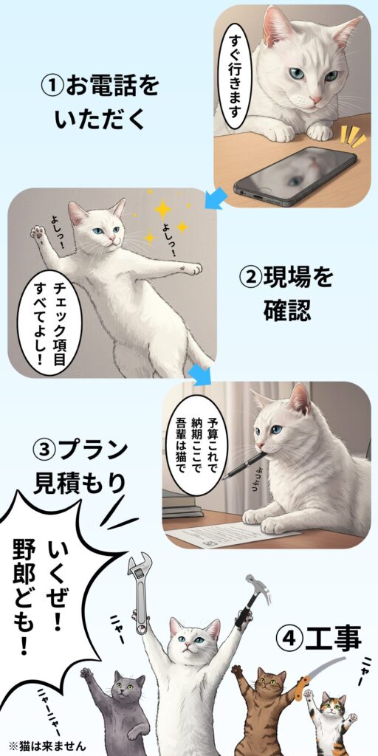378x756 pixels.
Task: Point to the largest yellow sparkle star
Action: [x=163, y=209]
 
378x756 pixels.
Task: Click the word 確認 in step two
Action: [x=287, y=311]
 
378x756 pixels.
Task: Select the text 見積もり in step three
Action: [x=80, y=484]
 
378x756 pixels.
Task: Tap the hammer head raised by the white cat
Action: [x=252, y=584]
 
